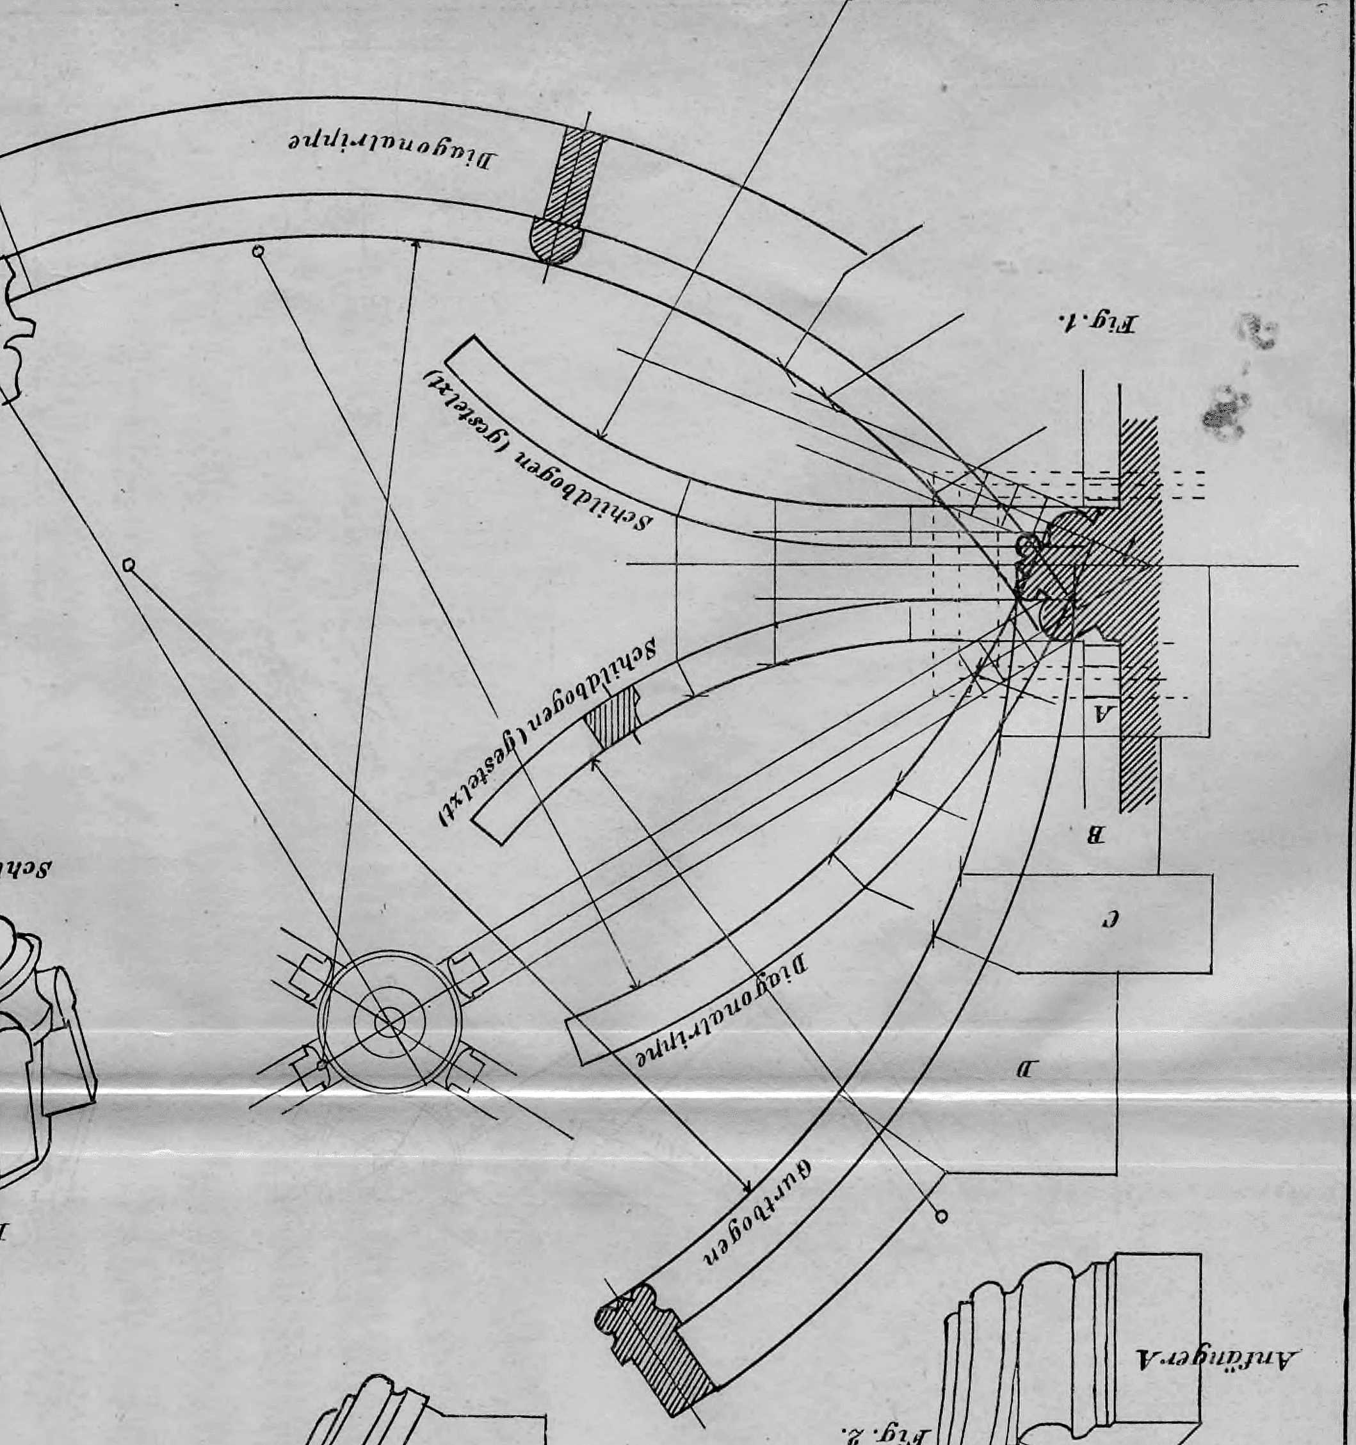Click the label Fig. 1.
[1098, 321]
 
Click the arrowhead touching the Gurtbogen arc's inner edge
[747, 1191]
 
